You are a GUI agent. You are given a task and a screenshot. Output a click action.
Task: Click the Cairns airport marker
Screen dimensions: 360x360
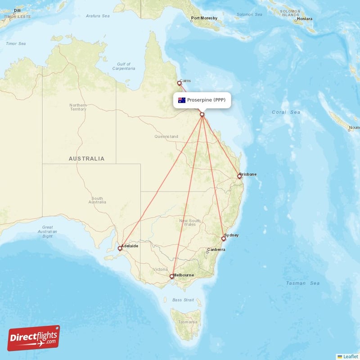tap(179, 83)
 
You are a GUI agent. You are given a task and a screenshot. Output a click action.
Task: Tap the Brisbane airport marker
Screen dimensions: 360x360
tap(239, 176)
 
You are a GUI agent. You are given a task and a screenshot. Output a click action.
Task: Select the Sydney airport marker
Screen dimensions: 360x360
tap(223, 238)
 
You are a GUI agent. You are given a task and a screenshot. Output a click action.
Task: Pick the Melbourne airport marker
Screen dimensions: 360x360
tap(171, 277)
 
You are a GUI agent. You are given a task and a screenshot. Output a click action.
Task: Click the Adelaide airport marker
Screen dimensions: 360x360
tap(120, 248)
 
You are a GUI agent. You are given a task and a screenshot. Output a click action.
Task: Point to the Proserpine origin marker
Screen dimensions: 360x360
tap(202, 114)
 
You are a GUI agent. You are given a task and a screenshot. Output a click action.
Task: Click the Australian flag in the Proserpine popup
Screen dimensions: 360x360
tap(182, 100)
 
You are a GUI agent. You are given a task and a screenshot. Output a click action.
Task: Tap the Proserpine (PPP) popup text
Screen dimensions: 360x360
tap(206, 100)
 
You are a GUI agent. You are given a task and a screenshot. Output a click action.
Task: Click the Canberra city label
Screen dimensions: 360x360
tap(216, 250)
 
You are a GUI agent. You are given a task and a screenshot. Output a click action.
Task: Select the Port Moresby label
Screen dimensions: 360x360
tap(204, 18)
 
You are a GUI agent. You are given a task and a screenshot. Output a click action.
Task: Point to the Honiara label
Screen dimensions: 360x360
tap(304, 19)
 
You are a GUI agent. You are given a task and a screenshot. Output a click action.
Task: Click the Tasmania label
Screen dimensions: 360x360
tap(186, 322)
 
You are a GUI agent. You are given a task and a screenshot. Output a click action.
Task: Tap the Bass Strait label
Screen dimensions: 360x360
tap(183, 300)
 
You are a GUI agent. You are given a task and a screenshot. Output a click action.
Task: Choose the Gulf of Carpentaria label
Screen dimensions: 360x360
tap(123, 67)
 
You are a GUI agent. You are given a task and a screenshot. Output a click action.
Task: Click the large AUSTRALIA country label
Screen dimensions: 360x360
tap(86, 158)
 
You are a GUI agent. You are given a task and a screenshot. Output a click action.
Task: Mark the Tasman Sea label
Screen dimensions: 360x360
tap(303, 283)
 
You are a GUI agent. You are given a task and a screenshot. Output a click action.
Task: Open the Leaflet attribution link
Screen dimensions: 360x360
tap(350, 356)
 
